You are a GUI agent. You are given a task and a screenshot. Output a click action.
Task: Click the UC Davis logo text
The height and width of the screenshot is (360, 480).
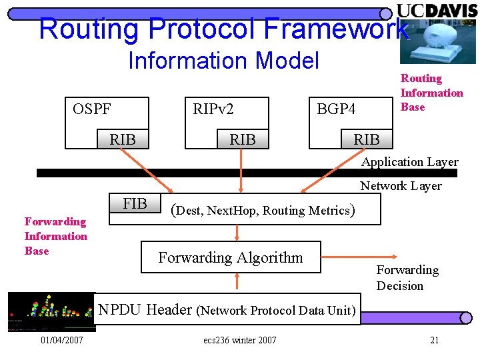[437, 10]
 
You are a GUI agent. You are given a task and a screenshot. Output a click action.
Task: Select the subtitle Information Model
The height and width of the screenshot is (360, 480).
[223, 61]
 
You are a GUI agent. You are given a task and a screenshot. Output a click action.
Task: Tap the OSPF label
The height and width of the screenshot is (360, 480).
[92, 109]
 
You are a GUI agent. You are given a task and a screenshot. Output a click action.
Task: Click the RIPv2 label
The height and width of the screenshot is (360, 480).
[213, 109]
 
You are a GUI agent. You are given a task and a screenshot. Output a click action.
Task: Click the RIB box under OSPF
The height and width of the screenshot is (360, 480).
[123, 139]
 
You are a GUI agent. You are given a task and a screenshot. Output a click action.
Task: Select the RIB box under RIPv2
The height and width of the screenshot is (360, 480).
[242, 139]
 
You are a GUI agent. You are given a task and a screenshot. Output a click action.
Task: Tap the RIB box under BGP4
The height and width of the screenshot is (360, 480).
[366, 139]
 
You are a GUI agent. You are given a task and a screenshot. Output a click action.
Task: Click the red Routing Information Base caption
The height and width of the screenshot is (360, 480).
[431, 93]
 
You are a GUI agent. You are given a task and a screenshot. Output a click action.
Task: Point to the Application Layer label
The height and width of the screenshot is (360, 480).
[409, 162]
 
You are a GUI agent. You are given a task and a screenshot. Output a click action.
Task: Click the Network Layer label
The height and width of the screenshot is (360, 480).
[401, 186]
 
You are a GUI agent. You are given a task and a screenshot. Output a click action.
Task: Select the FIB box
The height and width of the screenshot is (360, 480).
[135, 204]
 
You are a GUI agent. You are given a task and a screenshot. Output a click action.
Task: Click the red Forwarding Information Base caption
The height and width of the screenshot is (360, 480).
[55, 236]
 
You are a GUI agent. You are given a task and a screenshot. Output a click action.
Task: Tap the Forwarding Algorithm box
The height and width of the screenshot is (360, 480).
[231, 257]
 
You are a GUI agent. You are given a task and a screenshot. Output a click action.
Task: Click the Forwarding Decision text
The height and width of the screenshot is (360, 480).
[407, 278]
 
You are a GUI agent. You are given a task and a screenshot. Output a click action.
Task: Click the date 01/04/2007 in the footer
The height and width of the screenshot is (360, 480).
[61, 341]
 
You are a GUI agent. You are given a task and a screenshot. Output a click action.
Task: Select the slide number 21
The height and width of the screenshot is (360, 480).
[434, 341]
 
